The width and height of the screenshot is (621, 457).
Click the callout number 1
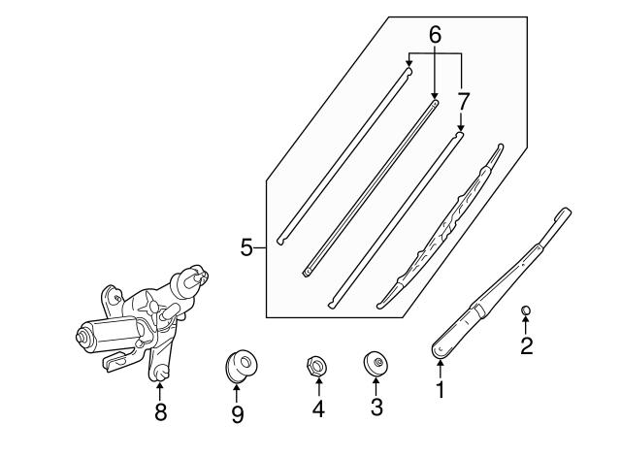pyautogui.click(x=440, y=390)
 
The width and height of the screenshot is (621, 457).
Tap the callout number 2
pyautogui.click(x=526, y=345)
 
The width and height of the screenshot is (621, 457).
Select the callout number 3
pyautogui.click(x=376, y=407)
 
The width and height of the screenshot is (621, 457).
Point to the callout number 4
pyautogui.click(x=318, y=408)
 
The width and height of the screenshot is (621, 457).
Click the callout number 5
pyautogui.click(x=246, y=248)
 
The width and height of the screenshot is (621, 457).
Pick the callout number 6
pyautogui.click(x=435, y=35)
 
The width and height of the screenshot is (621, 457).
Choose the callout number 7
pyautogui.click(x=463, y=101)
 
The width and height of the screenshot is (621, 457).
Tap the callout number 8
pyautogui.click(x=160, y=411)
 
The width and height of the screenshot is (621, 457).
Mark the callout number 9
pyautogui.click(x=237, y=414)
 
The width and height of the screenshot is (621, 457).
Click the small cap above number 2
pyautogui.click(x=526, y=310)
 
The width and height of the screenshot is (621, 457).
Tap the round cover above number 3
pyautogui.click(x=376, y=362)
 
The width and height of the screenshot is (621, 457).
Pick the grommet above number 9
pyautogui.click(x=241, y=365)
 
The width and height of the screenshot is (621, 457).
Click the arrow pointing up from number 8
pyautogui.click(x=159, y=390)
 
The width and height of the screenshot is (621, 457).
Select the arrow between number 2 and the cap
pyautogui.click(x=526, y=325)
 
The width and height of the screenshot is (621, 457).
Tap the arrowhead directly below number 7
pyautogui.click(x=461, y=127)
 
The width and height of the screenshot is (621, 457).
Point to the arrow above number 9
pyautogui.click(x=237, y=393)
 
